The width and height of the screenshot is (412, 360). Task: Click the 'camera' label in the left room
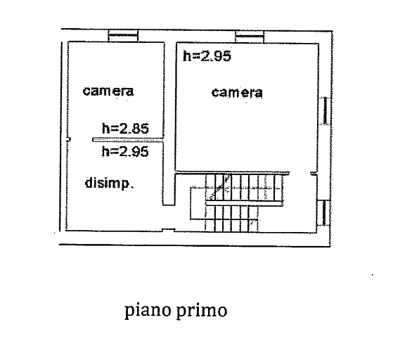pyautogui.click(x=108, y=91)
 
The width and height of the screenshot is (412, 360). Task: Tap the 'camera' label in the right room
pyautogui.click(x=237, y=93)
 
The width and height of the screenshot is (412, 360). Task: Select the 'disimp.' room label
pyautogui.click(x=109, y=183)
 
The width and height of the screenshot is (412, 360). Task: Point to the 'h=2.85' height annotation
pyautogui.click(x=125, y=128)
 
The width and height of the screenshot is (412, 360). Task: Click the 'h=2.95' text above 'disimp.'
pyautogui.click(x=125, y=152)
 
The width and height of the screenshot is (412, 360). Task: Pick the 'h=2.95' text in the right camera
pyautogui.click(x=207, y=56)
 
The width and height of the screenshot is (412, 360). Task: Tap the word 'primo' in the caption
pyautogui.click(x=202, y=311)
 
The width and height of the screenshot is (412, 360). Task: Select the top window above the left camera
pyautogui.click(x=123, y=36)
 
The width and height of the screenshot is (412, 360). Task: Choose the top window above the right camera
pyautogui.click(x=250, y=37)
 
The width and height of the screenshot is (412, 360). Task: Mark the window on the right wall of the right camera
pyautogui.click(x=326, y=110)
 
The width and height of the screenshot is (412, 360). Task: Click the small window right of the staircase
pyautogui.click(x=323, y=213)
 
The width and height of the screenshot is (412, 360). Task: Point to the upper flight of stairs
pyautogui.click(x=245, y=187)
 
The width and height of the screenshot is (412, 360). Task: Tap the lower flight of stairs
pyautogui.click(x=232, y=219)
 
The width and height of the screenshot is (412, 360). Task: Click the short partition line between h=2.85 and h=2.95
pyautogui.click(x=128, y=140)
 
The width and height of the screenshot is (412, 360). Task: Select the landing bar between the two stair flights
pyautogui.click(x=245, y=203)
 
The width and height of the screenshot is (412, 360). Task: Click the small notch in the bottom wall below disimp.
pyautogui.click(x=168, y=230)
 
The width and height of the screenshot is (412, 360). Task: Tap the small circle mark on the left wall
pyautogui.click(x=68, y=139)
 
